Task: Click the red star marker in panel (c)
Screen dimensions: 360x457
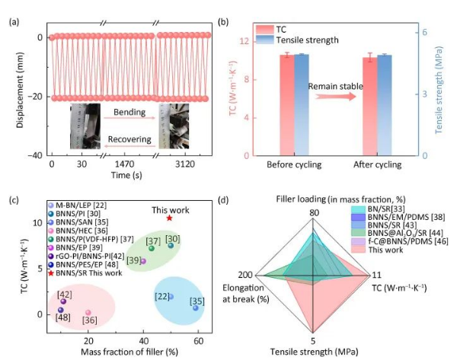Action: point(169,218)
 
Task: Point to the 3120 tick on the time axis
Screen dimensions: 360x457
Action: point(183,164)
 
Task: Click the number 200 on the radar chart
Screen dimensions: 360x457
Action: point(244,274)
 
